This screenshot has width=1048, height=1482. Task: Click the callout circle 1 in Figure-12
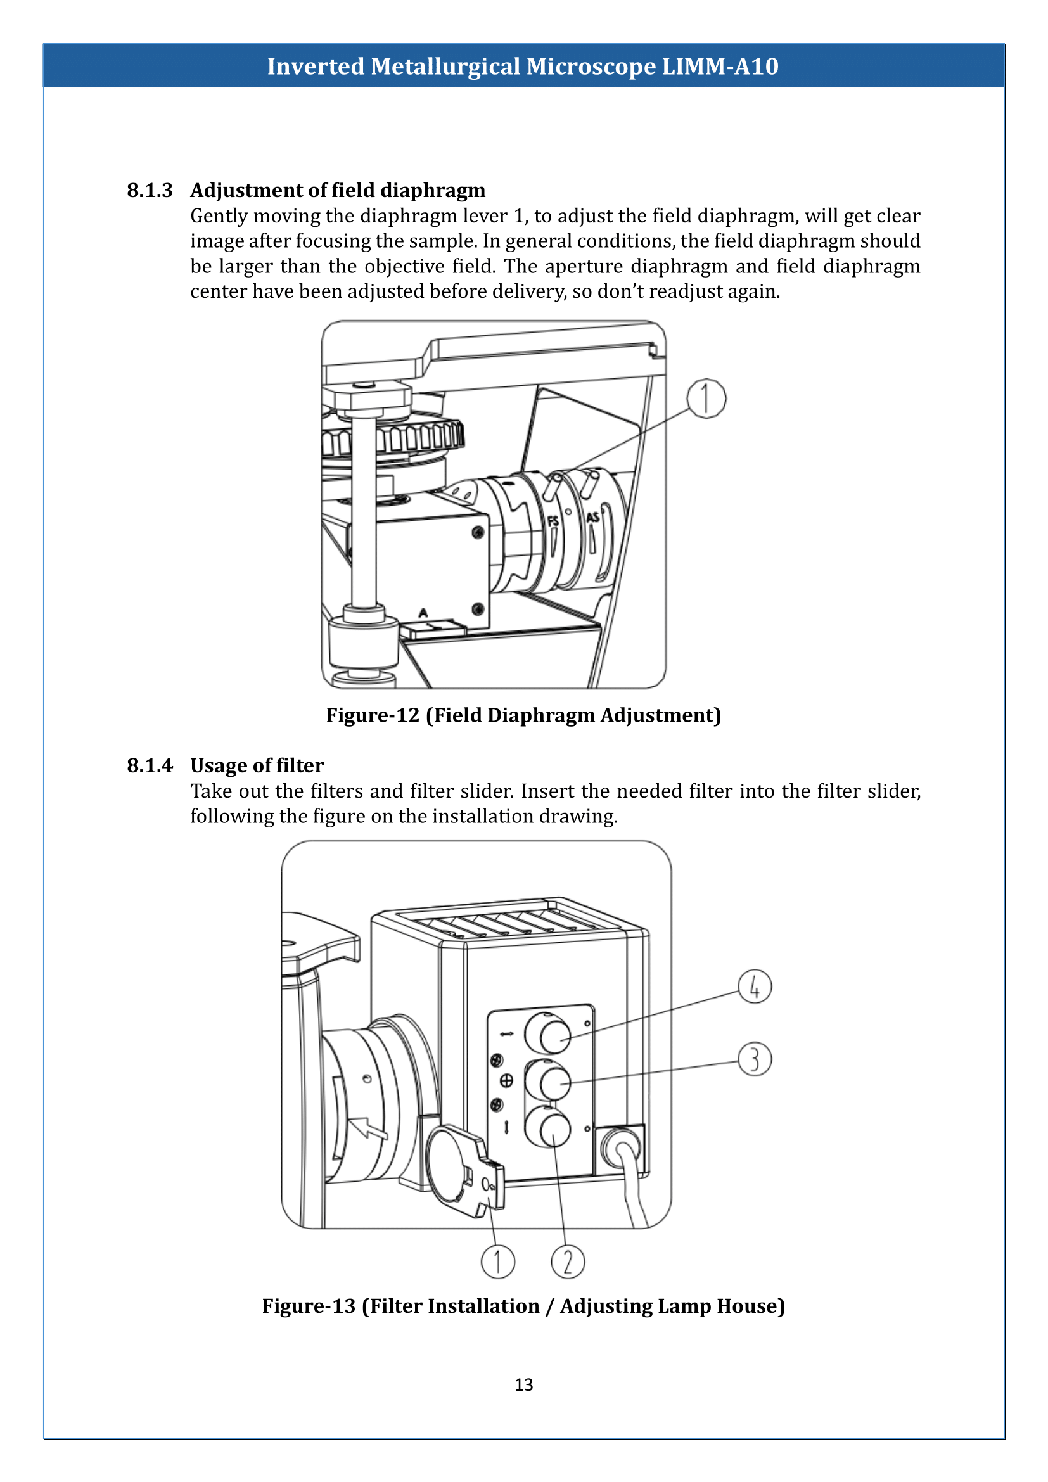(706, 399)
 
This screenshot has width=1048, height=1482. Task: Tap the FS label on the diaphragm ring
(553, 520)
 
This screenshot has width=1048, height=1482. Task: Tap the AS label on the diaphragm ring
(592, 516)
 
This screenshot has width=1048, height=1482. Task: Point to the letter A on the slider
(423, 613)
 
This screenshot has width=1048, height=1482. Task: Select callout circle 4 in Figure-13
(755, 987)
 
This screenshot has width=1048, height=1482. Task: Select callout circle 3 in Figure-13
(755, 1059)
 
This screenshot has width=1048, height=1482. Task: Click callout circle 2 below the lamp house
(568, 1262)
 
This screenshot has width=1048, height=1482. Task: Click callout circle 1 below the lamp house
(497, 1262)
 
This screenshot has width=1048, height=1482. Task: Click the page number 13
(523, 1384)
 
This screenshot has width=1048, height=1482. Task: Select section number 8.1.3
(150, 191)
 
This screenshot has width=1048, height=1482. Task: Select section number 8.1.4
(150, 765)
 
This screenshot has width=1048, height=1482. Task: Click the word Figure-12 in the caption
(373, 715)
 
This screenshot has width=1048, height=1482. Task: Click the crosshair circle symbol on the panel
(507, 1080)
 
